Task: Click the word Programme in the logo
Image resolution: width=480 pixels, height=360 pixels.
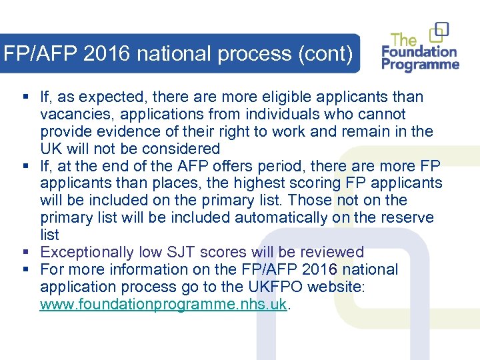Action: [421, 65]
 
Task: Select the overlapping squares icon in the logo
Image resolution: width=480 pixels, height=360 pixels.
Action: [439, 31]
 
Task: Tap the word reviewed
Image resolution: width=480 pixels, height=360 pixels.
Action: [332, 252]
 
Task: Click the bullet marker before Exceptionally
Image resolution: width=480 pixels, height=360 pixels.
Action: [25, 252]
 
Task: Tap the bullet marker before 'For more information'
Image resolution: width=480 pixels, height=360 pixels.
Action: [25, 269]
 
